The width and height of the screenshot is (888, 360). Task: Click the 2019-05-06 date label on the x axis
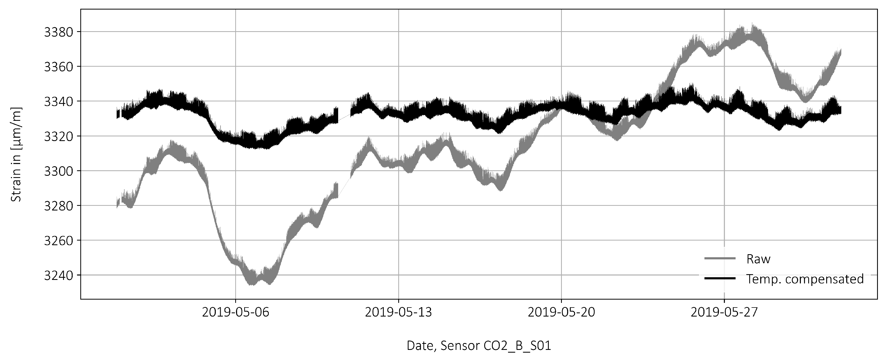point(236,312)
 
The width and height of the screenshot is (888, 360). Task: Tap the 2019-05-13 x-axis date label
point(399,312)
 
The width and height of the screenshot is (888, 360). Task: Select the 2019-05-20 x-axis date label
point(562,312)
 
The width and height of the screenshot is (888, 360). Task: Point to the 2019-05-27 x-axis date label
point(724,312)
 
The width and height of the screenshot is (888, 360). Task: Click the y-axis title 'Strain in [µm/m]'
point(16,154)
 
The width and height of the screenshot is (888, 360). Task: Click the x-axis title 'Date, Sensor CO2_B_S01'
point(479,346)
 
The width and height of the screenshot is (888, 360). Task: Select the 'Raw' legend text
point(758,259)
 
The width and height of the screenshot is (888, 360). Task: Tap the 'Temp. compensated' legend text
point(805,279)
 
